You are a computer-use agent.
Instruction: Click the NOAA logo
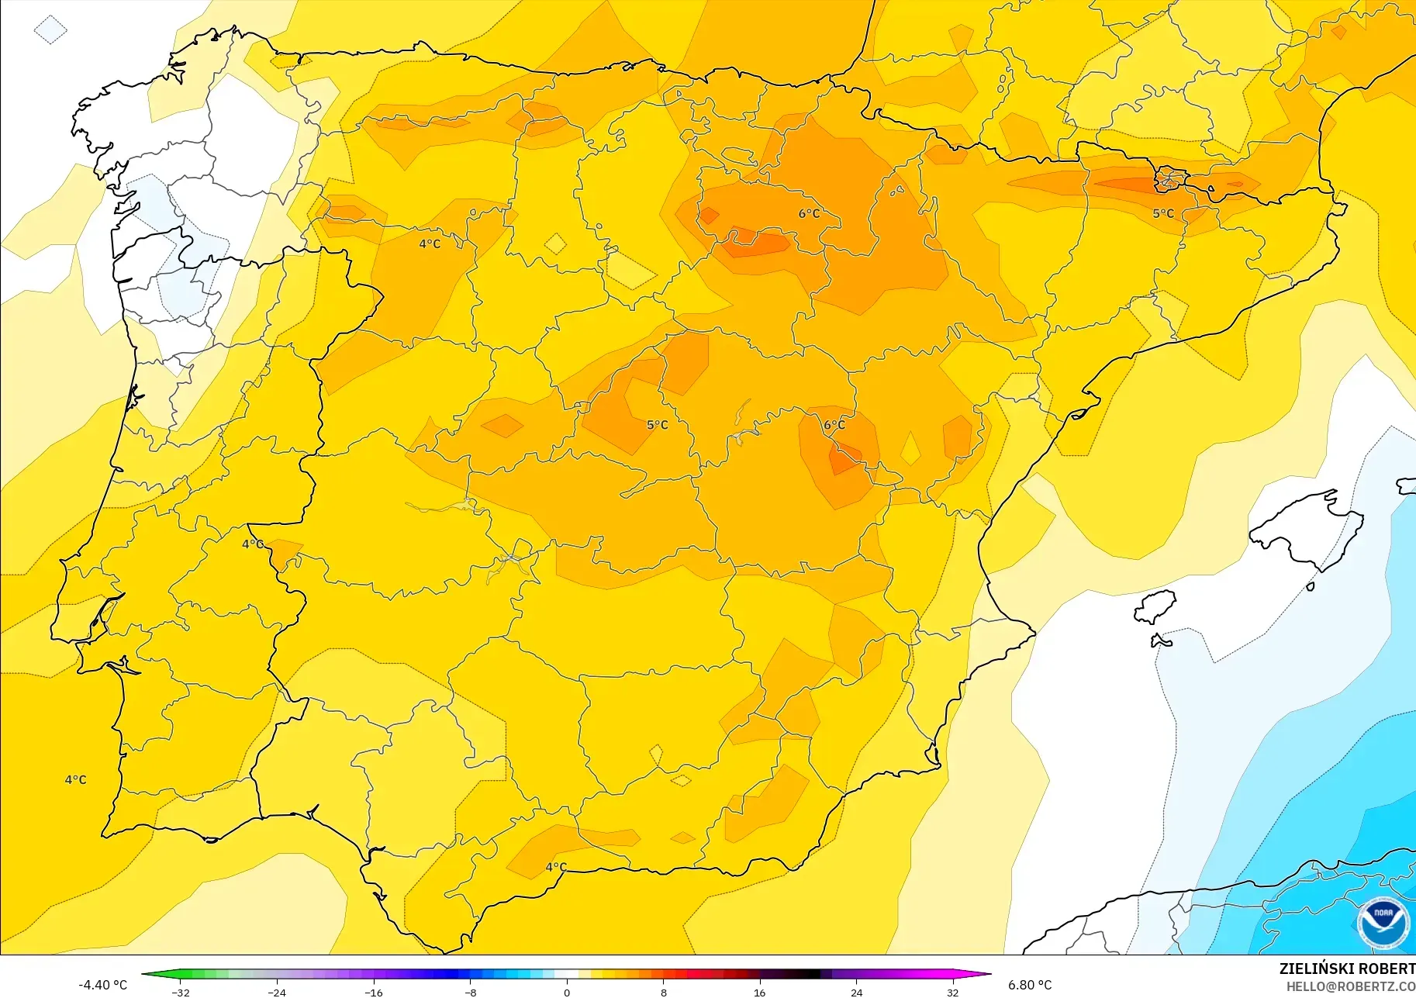click(x=1383, y=923)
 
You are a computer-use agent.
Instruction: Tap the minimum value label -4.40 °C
click(x=102, y=985)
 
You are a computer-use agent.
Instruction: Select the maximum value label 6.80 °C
click(x=1030, y=985)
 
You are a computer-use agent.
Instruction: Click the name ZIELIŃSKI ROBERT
click(x=1347, y=969)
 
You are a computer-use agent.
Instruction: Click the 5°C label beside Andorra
click(x=1163, y=213)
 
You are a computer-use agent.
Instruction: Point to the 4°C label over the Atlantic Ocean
click(x=75, y=779)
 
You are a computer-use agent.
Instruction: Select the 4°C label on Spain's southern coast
click(x=556, y=867)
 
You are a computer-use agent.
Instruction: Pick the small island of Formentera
click(x=1160, y=641)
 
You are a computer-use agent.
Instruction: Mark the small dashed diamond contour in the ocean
click(x=50, y=30)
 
